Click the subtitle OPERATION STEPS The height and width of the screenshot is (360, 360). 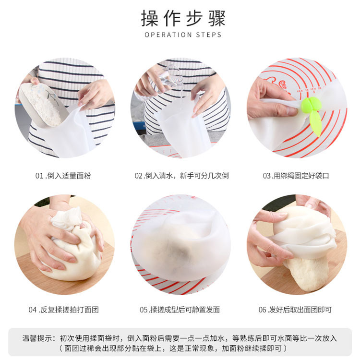[x=183, y=35]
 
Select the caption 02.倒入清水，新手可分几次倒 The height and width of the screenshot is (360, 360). [x=181, y=176]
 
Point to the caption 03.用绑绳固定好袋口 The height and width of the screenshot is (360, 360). [x=296, y=176]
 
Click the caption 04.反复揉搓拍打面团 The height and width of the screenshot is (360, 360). [x=63, y=310]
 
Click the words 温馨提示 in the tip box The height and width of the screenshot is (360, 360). [x=37, y=338]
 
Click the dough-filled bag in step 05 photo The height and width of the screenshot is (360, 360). [x=180, y=240]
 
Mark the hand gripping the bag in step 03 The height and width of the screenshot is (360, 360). [x=266, y=98]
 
